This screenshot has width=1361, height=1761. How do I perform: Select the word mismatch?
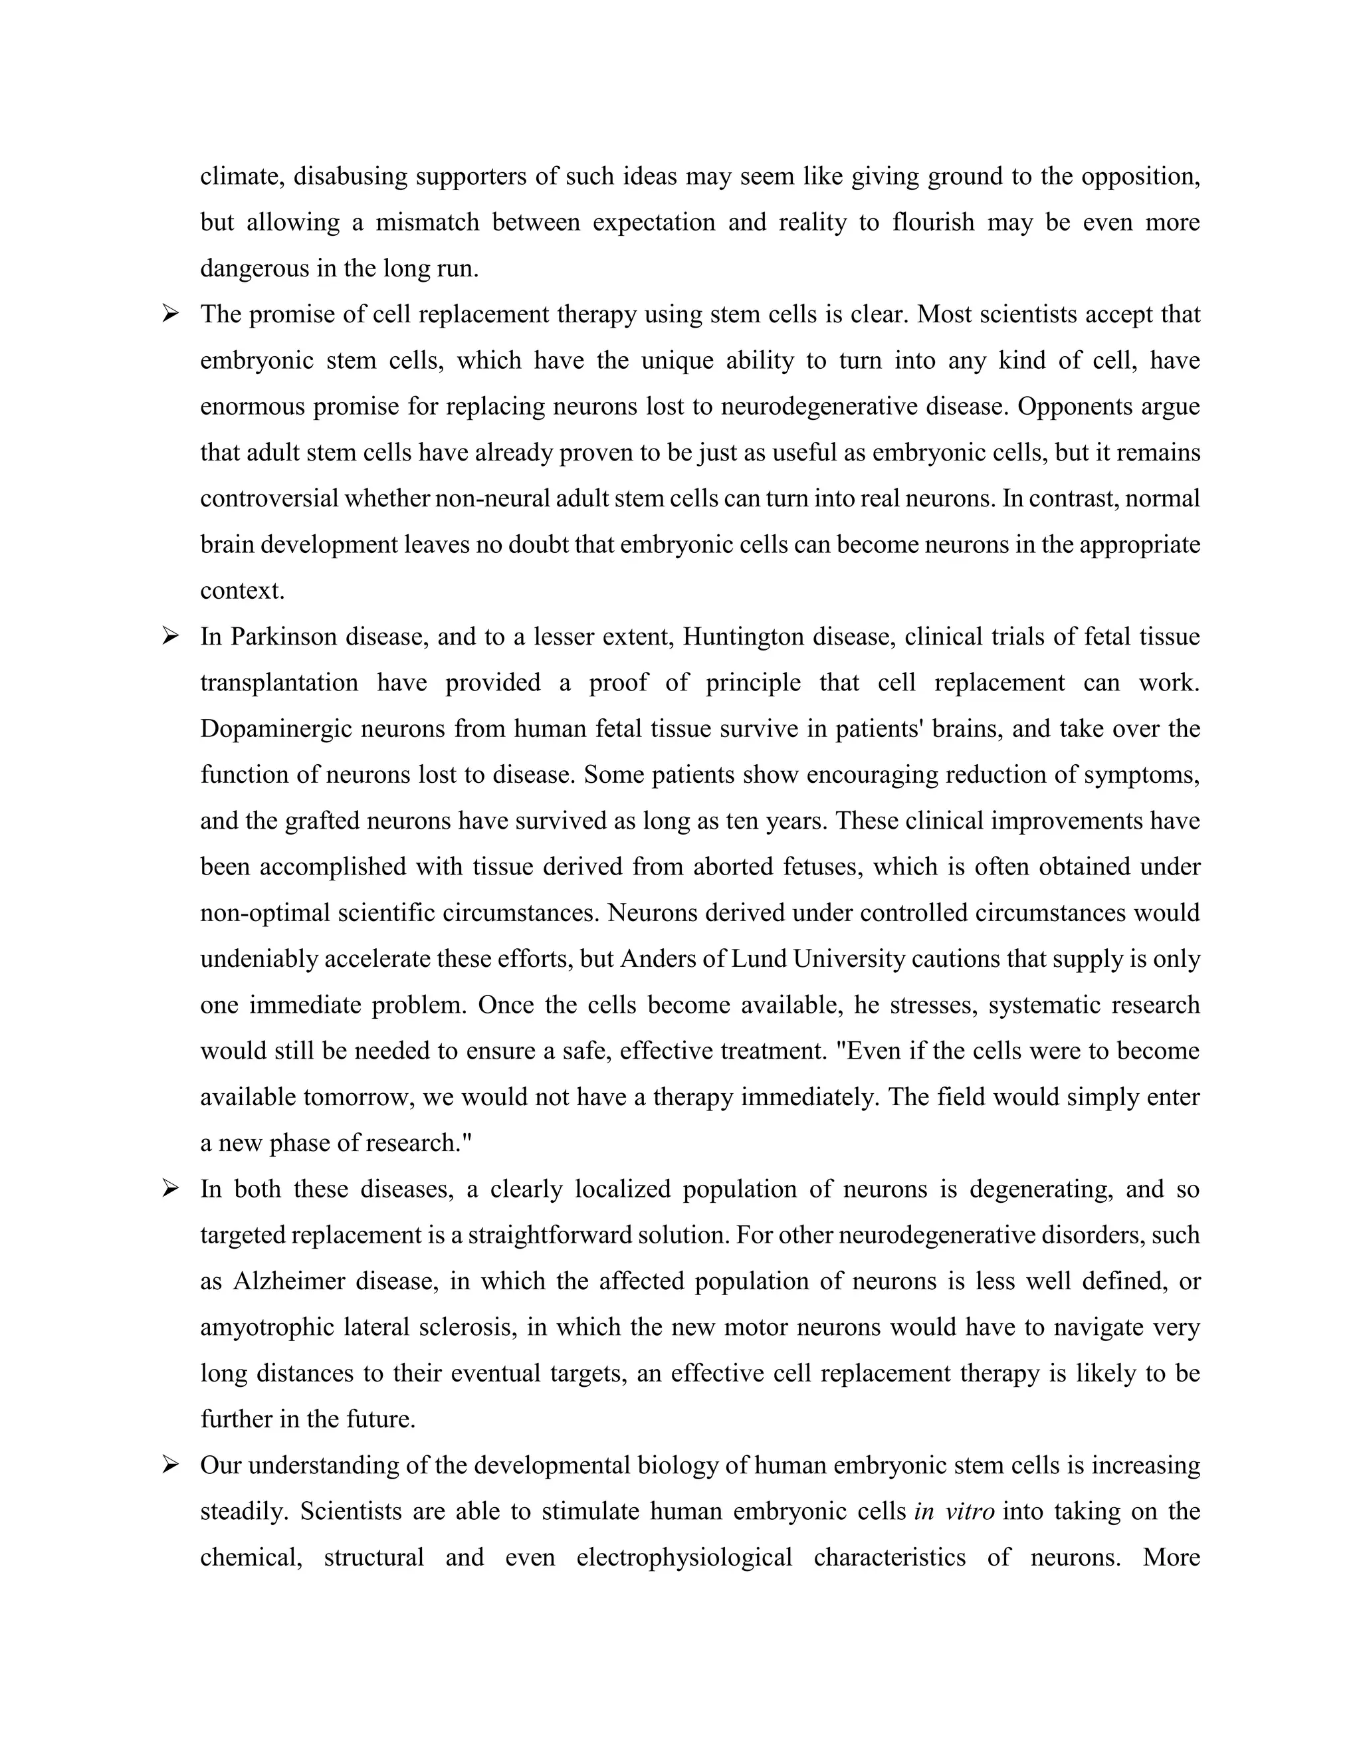coord(427,223)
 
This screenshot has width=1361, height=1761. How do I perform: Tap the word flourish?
coord(934,223)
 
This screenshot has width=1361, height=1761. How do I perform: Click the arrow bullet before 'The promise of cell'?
coord(170,314)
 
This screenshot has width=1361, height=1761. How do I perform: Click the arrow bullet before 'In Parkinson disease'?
coord(170,636)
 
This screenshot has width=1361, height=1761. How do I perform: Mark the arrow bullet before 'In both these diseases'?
coord(170,1189)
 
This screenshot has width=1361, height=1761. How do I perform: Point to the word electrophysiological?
coord(684,1557)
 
